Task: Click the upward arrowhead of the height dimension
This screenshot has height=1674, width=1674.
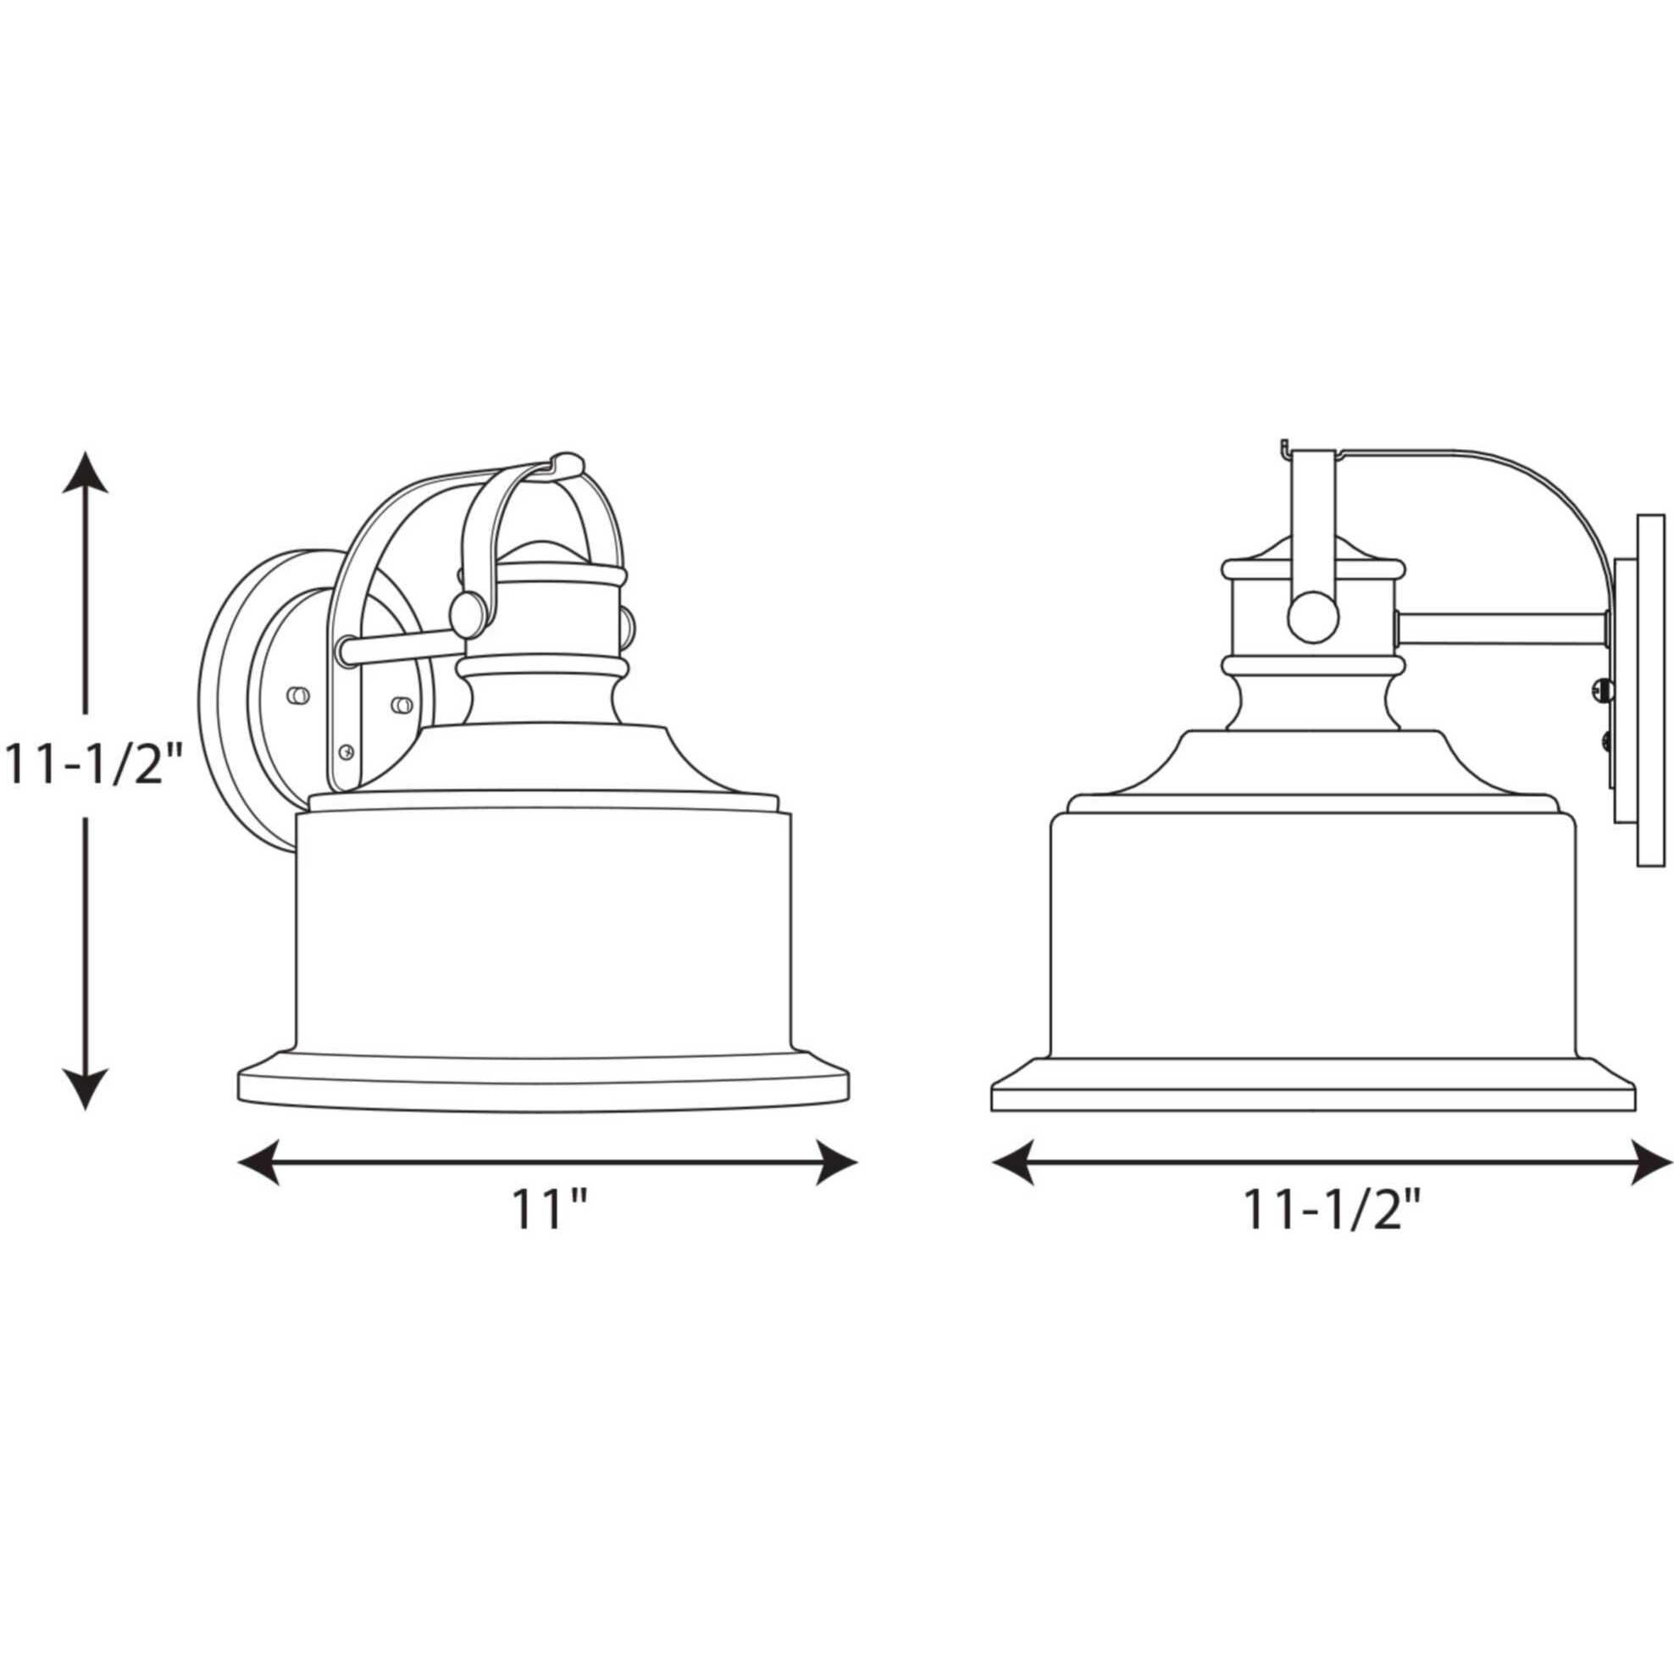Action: pos(84,471)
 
